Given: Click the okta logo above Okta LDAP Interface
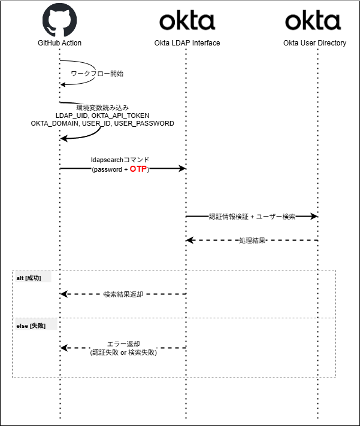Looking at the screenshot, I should click(186, 21).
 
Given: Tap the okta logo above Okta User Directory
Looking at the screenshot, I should click(313, 21).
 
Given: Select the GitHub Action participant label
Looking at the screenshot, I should click(60, 43).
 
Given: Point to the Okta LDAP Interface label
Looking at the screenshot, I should click(186, 43).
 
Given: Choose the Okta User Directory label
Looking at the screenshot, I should click(314, 43).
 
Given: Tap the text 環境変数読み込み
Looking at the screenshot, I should click(102, 107).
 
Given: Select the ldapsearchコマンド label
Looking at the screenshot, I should click(120, 160).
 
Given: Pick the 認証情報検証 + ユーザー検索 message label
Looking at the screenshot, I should click(252, 217).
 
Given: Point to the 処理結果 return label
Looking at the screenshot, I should click(252, 241).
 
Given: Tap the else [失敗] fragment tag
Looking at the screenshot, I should click(35, 325).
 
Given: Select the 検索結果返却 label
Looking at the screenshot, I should click(123, 294).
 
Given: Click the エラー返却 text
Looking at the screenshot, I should click(123, 344).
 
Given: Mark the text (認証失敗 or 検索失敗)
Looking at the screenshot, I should click(123, 352).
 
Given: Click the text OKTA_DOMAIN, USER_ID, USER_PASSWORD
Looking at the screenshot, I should click(102, 123).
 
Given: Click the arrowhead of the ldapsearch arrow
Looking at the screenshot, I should click(182, 169).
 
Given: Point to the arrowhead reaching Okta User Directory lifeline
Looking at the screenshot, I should click(313, 217).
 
